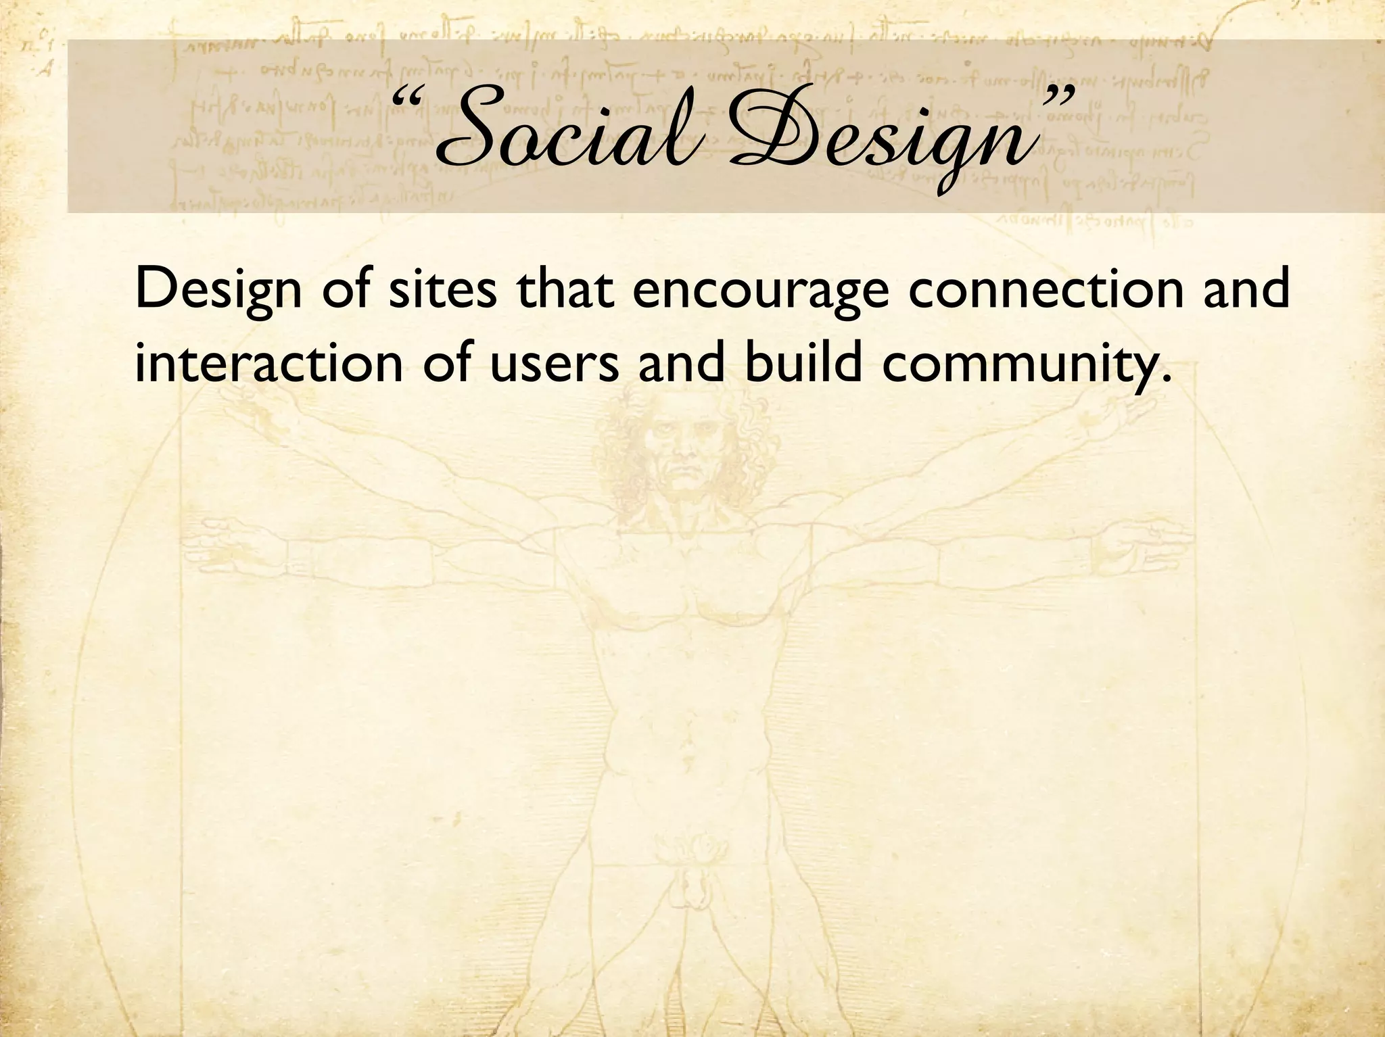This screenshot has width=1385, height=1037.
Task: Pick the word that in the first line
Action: click(x=565, y=288)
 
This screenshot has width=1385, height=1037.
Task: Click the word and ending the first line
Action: click(x=1247, y=288)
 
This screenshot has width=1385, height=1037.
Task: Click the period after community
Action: click(x=1165, y=378)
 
